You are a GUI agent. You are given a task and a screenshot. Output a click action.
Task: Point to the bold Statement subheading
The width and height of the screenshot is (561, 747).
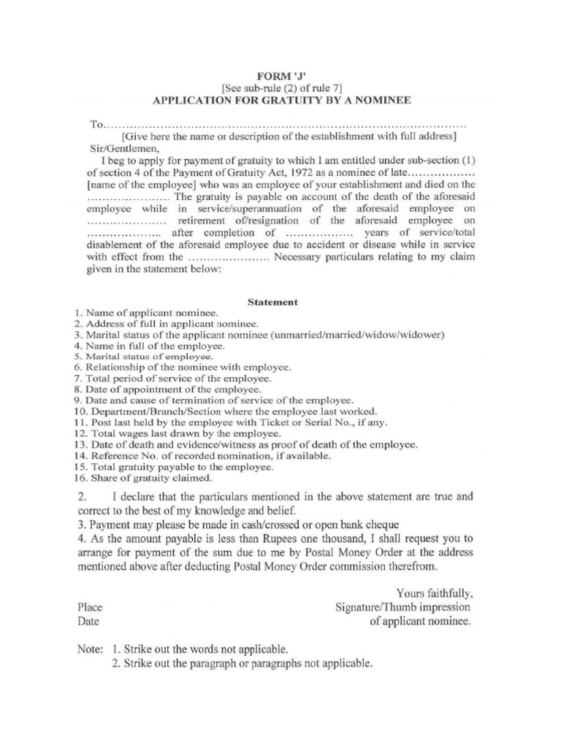[272, 301]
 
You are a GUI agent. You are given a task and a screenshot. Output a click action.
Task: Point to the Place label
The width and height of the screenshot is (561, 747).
[89, 608]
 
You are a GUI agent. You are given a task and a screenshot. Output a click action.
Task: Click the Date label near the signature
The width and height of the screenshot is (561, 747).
[88, 622]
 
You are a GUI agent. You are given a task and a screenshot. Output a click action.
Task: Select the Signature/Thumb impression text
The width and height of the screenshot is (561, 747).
[402, 607]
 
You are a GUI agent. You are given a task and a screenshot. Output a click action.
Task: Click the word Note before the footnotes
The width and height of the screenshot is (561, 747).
[91, 649]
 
